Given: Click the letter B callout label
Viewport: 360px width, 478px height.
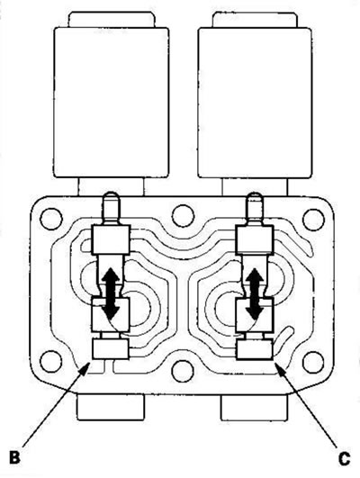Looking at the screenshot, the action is point(15,457).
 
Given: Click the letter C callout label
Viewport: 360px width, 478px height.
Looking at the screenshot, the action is point(344,459).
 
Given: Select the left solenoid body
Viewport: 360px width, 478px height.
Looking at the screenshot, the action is point(112,103).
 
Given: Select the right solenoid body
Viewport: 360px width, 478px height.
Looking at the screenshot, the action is point(255,103).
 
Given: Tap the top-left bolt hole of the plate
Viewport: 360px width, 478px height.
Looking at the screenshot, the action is point(51,219).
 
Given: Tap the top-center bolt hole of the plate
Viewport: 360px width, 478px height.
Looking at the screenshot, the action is point(184,216).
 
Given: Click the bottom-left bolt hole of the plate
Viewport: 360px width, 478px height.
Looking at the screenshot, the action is point(51,362).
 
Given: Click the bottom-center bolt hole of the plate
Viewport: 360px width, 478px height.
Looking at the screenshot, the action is point(183,371).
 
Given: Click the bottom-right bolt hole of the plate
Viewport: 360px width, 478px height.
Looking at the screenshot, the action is point(313,362).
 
